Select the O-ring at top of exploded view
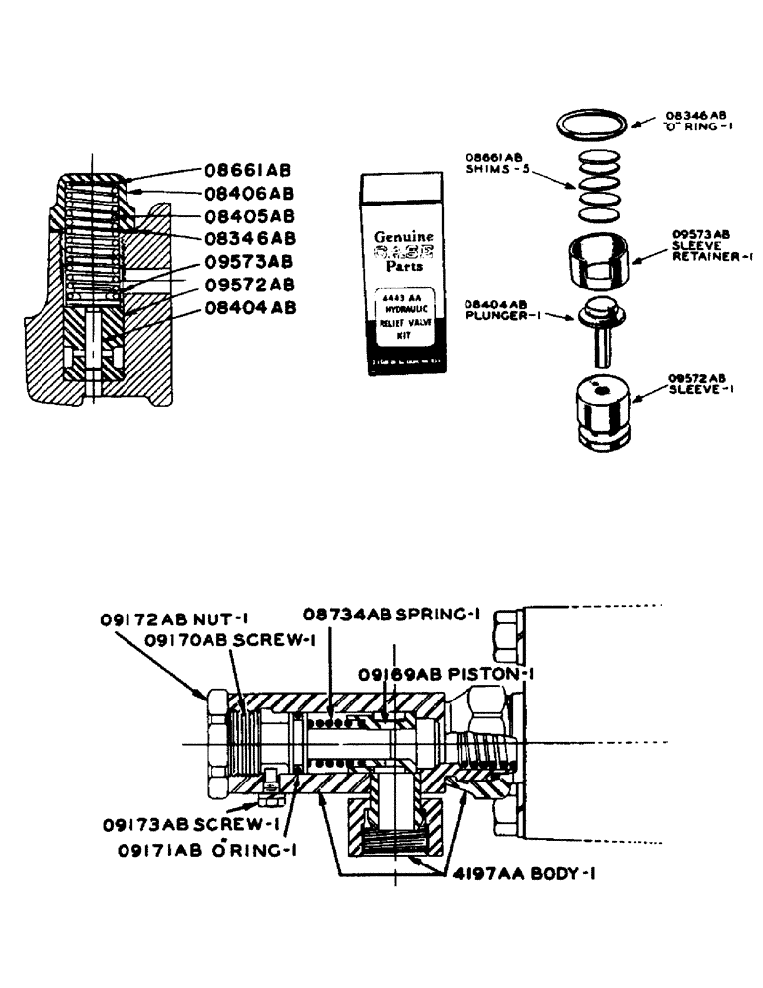[x=589, y=124]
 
